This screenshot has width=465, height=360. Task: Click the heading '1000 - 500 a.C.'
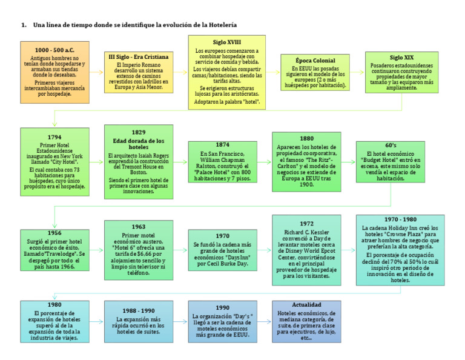point(54,49)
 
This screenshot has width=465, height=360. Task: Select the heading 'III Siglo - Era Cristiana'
point(138,56)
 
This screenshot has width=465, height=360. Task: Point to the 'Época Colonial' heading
point(315,61)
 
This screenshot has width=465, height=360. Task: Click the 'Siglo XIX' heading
point(401,57)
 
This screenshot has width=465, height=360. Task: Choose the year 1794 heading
point(54,138)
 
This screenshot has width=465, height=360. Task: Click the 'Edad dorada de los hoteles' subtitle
point(138,144)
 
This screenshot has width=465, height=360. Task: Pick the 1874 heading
point(222,145)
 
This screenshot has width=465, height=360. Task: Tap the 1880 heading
point(306,138)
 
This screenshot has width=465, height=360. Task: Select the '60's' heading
point(391,145)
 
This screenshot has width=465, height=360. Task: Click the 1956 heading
point(54,232)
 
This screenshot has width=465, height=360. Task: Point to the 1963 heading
point(138,227)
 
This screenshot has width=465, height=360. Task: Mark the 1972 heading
point(306,224)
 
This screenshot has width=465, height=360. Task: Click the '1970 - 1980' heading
point(400,219)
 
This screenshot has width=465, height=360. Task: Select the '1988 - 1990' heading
point(138,310)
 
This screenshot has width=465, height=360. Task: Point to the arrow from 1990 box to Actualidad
point(264,321)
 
